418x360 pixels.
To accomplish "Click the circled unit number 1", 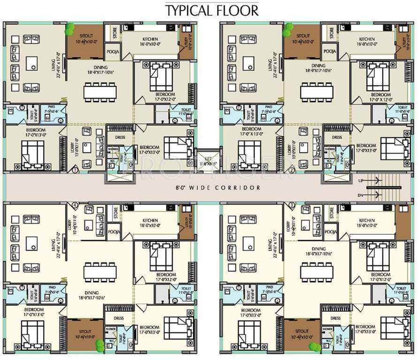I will [x=75, y=170].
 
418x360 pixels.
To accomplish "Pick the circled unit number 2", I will [x=292, y=171].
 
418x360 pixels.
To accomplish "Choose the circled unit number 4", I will [x=75, y=205].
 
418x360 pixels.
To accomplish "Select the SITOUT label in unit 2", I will [x=303, y=36].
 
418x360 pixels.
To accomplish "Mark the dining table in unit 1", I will [x=100, y=91].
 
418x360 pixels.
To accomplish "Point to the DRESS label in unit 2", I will [x=336, y=137].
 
